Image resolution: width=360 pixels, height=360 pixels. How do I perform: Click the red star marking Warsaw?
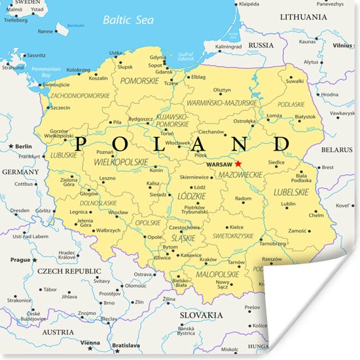point(239,164)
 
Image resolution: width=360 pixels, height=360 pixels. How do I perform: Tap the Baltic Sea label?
point(128,20)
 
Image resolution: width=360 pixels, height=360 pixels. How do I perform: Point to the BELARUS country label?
point(336,150)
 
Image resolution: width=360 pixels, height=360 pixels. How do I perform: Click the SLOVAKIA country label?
point(201,314)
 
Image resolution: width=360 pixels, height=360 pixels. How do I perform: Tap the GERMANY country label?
point(20,171)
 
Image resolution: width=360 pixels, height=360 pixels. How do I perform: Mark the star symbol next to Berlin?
point(11,146)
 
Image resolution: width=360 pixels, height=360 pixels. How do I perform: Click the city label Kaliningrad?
point(228,46)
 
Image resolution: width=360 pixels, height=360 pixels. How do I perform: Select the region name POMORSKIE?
point(139,81)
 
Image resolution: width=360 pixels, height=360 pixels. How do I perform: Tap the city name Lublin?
point(288,204)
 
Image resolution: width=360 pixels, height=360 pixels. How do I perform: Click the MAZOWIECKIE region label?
point(240,175)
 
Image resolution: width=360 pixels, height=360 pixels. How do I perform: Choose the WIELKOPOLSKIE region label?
point(121,161)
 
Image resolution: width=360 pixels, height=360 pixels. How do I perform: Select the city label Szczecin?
point(60,108)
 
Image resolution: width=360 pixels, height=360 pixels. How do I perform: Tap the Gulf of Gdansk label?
point(187,56)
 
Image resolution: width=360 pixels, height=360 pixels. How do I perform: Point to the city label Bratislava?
point(126,345)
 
